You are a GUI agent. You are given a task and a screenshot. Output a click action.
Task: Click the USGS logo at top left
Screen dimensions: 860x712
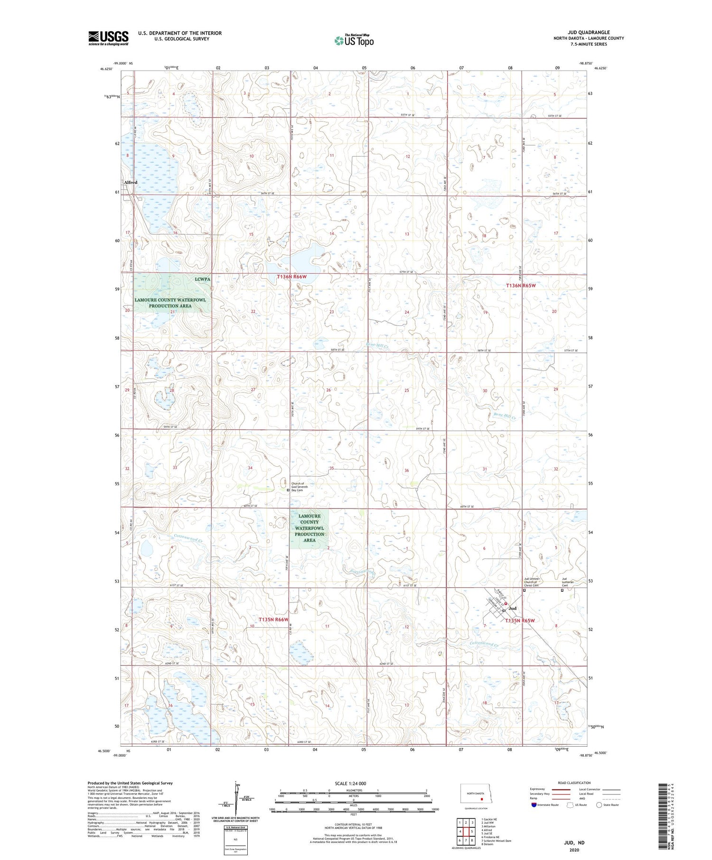(x=108, y=38)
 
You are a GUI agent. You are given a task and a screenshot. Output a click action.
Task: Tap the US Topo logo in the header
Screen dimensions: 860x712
(x=354, y=41)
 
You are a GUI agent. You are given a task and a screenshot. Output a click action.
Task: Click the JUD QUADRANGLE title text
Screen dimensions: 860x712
(x=589, y=32)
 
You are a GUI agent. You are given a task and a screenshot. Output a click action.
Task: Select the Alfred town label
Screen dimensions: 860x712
(x=131, y=182)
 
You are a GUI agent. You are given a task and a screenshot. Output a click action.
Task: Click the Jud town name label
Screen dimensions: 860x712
(x=513, y=608)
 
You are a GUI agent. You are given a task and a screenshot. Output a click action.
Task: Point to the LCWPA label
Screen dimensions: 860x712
(x=202, y=279)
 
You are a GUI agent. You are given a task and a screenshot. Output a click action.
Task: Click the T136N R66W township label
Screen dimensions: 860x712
(x=295, y=276)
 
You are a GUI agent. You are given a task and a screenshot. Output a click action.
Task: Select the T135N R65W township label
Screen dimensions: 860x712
(x=520, y=620)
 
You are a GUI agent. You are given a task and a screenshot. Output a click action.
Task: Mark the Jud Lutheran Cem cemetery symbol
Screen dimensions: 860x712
(x=562, y=591)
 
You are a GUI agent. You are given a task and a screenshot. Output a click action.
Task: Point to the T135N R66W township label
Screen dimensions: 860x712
(x=274, y=620)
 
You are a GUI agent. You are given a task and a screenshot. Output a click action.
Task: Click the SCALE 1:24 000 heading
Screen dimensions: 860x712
(x=350, y=783)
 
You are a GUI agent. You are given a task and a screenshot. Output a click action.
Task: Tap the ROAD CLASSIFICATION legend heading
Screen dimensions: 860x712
(x=574, y=783)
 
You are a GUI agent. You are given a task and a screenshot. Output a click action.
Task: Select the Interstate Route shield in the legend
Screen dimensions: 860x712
(x=534, y=805)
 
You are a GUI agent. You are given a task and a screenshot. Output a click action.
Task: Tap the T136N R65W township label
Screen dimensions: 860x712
(x=520, y=286)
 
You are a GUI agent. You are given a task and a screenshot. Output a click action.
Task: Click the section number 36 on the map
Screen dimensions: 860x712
(x=406, y=471)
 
